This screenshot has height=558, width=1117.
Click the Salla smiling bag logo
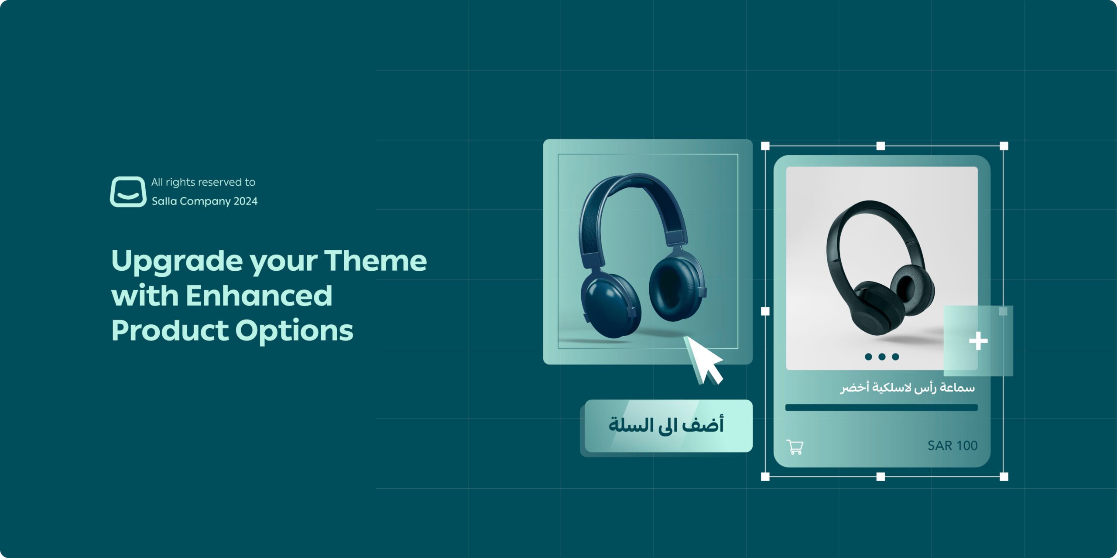click(x=128, y=191)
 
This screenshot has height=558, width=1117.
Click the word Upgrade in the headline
click(x=177, y=261)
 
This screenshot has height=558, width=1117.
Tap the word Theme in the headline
click(x=375, y=261)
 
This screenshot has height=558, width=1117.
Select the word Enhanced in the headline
click(x=259, y=296)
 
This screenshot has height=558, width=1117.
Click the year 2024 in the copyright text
click(x=246, y=201)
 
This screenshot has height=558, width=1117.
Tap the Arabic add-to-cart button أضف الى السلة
click(x=667, y=425)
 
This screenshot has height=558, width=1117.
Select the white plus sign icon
click(x=978, y=341)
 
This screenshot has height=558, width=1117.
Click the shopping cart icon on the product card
click(x=795, y=447)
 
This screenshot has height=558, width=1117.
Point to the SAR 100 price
click(x=952, y=446)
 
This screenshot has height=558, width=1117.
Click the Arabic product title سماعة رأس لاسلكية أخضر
click(x=907, y=387)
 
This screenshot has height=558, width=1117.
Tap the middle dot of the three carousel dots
click(x=882, y=357)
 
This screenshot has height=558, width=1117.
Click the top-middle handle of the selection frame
click(x=881, y=146)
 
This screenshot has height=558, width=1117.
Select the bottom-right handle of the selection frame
click(x=1004, y=476)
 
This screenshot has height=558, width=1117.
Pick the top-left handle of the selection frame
click(x=765, y=146)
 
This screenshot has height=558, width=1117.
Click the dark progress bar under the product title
click(x=881, y=408)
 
